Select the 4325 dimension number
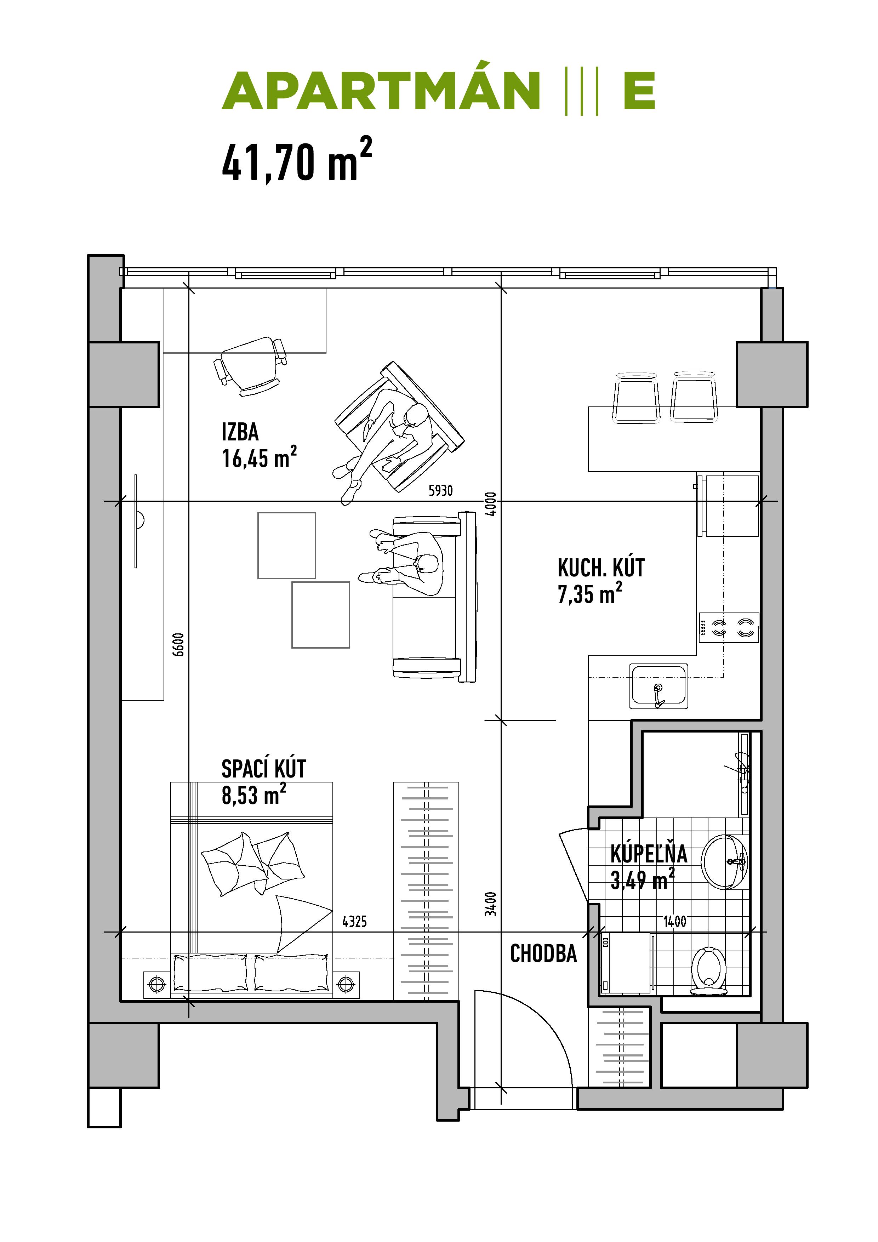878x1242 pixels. [x=354, y=921]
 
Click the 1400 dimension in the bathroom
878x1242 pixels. [x=674, y=921]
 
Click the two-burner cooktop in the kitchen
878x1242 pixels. [x=729, y=627]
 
